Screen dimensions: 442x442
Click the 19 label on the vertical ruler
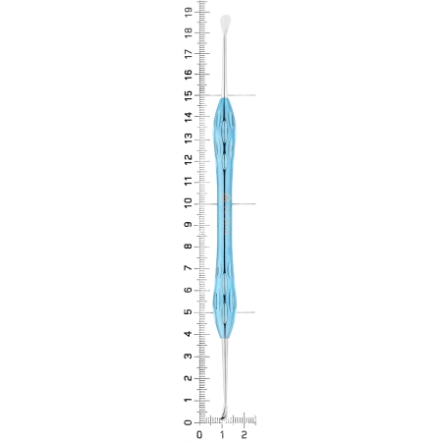(189, 13)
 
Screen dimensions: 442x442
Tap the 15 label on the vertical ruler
(189, 95)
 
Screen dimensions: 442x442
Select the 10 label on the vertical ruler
(189, 203)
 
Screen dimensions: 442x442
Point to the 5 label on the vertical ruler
(189, 311)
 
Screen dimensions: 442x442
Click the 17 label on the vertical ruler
(189, 54)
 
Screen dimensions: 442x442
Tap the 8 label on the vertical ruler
(189, 247)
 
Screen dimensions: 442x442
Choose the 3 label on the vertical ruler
(189, 356)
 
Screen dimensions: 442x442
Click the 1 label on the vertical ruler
(189, 401)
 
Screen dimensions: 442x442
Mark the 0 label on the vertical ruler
(189, 422)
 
